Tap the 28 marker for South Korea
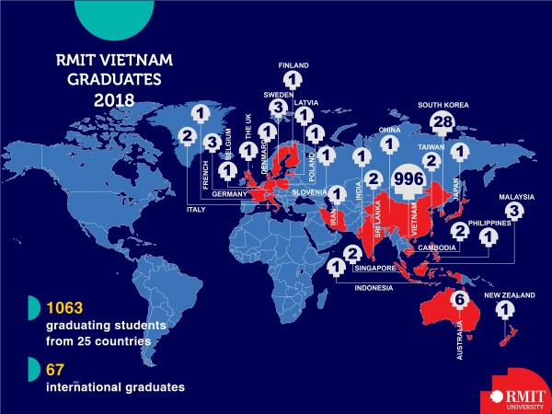tap(443, 123)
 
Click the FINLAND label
tap(293, 66)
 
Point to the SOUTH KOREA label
tap(443, 105)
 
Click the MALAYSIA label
tap(515, 196)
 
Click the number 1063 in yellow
tap(67, 308)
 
